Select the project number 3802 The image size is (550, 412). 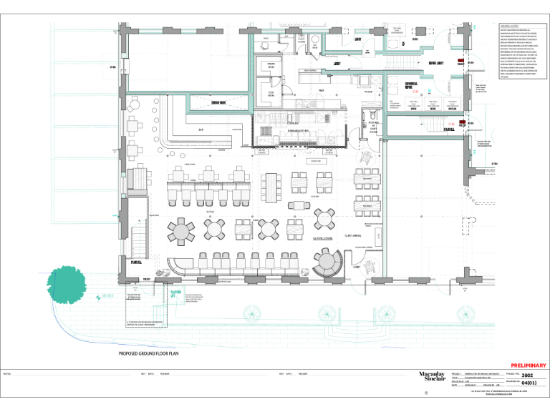527,375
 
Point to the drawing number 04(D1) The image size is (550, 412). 529,383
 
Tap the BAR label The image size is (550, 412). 201,130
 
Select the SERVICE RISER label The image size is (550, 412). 220,103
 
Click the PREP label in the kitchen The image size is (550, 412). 322,91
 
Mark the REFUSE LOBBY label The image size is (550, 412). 436,63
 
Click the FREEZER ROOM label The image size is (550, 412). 271,65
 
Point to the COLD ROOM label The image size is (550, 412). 271,93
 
